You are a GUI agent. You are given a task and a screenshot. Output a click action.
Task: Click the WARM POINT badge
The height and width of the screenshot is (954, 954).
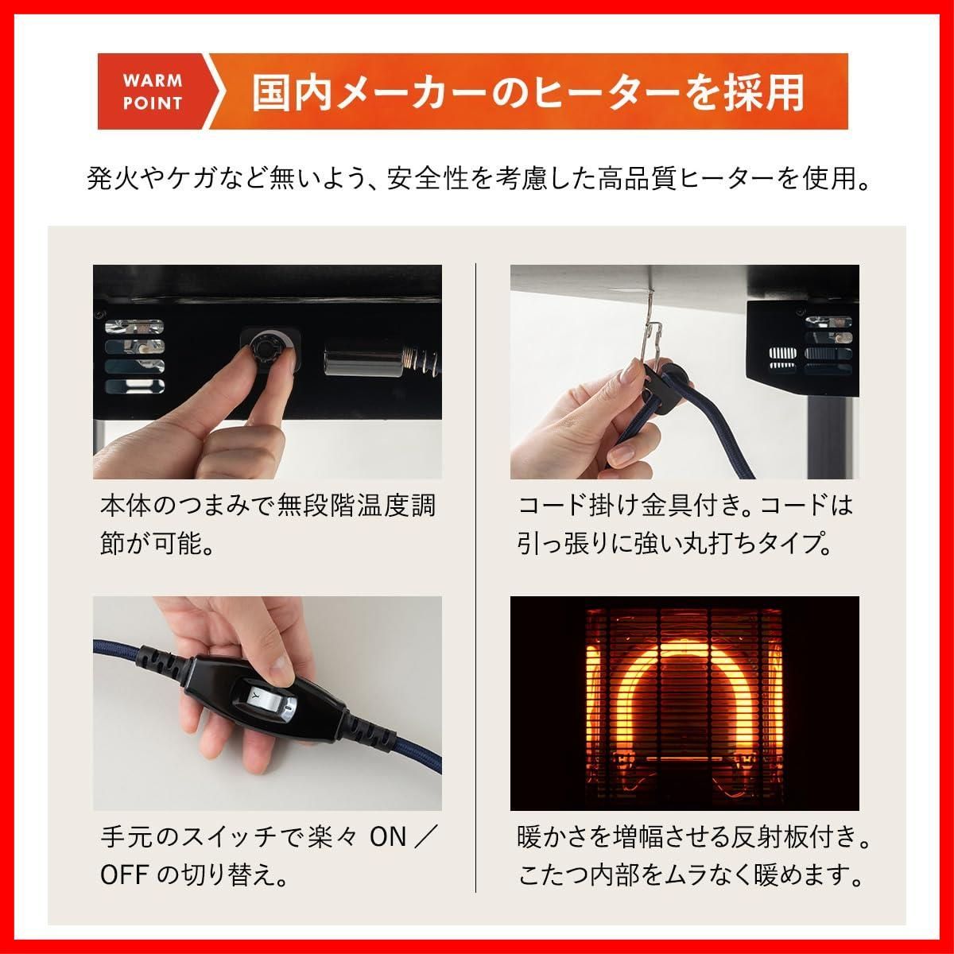(x=153, y=91)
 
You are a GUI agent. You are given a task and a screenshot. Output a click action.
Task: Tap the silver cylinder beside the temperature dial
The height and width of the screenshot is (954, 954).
(x=352, y=359)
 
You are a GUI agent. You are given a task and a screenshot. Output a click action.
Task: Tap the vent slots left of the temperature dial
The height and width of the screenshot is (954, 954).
(x=134, y=358)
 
